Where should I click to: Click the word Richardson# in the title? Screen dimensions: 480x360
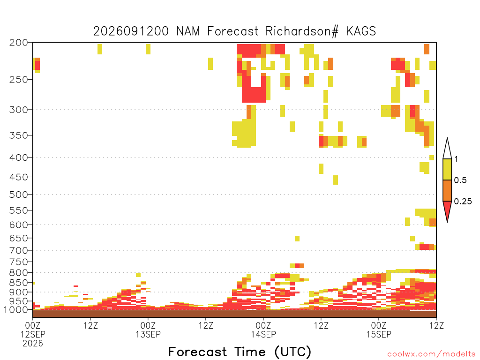[x=302, y=31]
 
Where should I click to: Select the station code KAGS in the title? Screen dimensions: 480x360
[x=361, y=31]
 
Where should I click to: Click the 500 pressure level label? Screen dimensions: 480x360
[x=19, y=195]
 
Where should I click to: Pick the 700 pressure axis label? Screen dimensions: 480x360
[x=19, y=250]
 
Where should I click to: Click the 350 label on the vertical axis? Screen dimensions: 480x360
[x=19, y=135]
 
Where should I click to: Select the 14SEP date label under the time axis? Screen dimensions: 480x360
[x=263, y=334]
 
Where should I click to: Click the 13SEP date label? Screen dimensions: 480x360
[x=148, y=334]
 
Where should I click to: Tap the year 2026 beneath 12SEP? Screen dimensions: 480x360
[x=33, y=344]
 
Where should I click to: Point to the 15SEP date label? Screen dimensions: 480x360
[x=379, y=334]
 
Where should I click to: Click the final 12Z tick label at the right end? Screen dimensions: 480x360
[x=436, y=325]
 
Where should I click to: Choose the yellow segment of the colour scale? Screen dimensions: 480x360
[x=447, y=169]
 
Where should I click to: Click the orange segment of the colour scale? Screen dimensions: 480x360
[x=447, y=190]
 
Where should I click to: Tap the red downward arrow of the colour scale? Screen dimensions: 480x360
[x=447, y=210]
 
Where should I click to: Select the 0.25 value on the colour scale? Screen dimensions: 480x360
[x=463, y=202]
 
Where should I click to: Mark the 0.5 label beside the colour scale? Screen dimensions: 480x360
[x=460, y=180]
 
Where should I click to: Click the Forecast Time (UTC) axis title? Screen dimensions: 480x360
[x=240, y=352]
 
